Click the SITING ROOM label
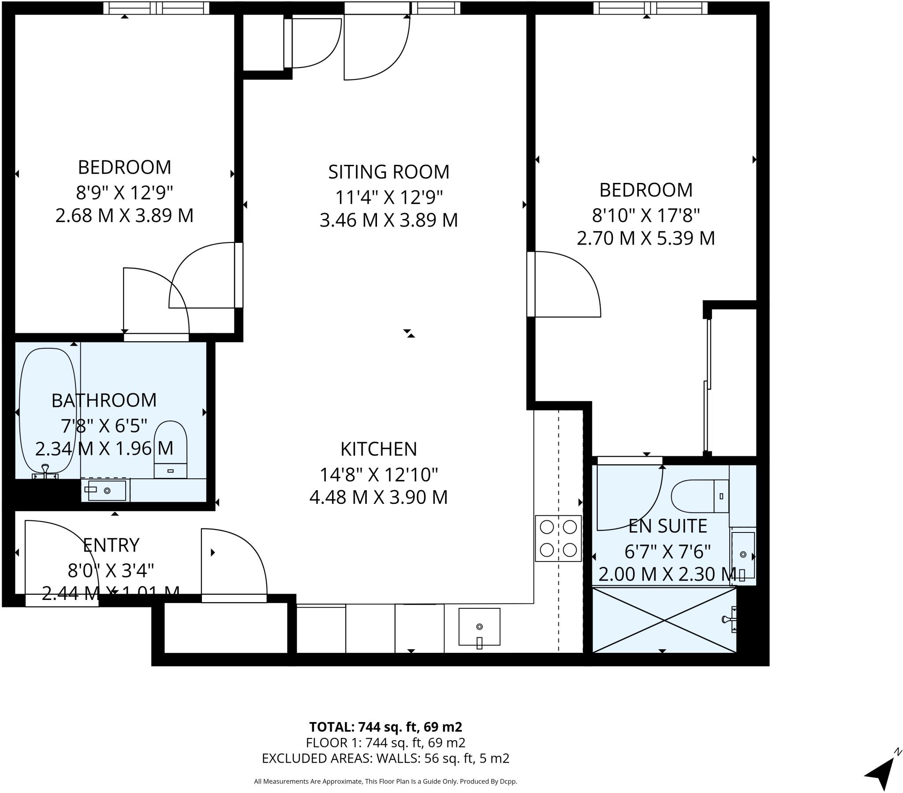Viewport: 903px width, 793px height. (x=388, y=172)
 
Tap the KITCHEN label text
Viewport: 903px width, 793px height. (x=379, y=449)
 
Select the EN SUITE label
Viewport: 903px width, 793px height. (x=668, y=526)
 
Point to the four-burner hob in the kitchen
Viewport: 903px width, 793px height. (x=558, y=539)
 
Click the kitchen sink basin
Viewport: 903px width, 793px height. (x=479, y=626)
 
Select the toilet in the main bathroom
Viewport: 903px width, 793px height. (x=171, y=448)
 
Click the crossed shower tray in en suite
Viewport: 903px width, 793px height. (x=664, y=620)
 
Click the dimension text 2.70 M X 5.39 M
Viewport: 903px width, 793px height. (x=646, y=238)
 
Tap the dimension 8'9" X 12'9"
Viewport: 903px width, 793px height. (x=124, y=193)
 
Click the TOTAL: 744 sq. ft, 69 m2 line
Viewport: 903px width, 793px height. (x=385, y=727)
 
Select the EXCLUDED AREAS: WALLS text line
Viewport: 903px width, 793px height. (x=385, y=758)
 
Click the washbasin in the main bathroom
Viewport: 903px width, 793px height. (x=106, y=490)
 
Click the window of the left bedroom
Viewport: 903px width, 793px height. (x=157, y=7)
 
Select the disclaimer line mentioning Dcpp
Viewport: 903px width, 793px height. (x=385, y=782)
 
